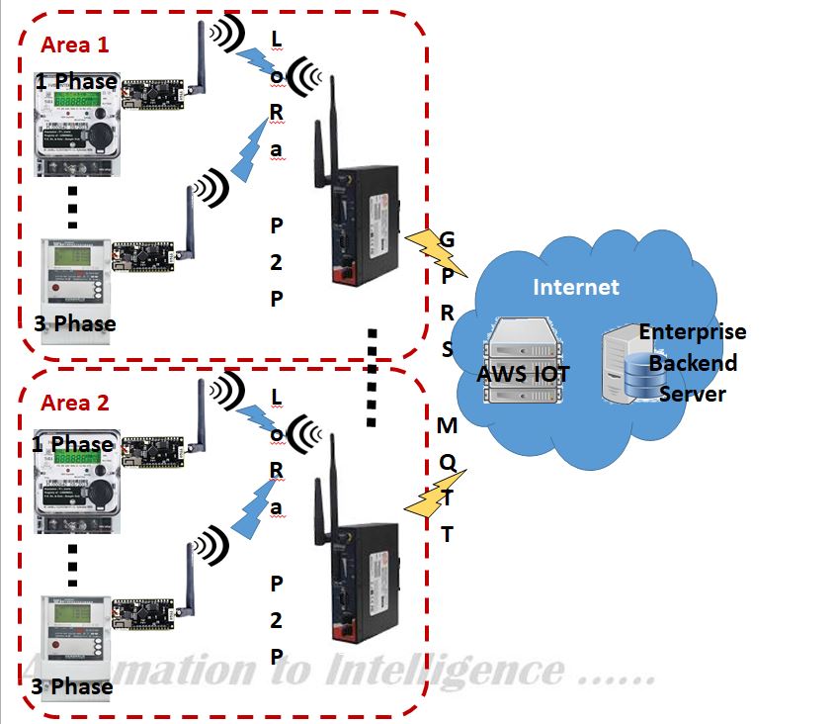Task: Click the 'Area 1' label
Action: [x=75, y=45]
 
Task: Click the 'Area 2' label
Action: [x=75, y=404]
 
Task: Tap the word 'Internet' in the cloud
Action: [x=576, y=288]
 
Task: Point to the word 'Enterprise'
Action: [x=693, y=331]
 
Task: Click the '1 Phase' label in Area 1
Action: [x=77, y=81]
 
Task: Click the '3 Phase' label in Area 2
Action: [x=72, y=685]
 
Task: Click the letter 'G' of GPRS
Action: [x=447, y=240]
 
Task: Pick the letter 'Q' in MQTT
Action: [x=447, y=462]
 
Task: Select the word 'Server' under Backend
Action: [x=693, y=395]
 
